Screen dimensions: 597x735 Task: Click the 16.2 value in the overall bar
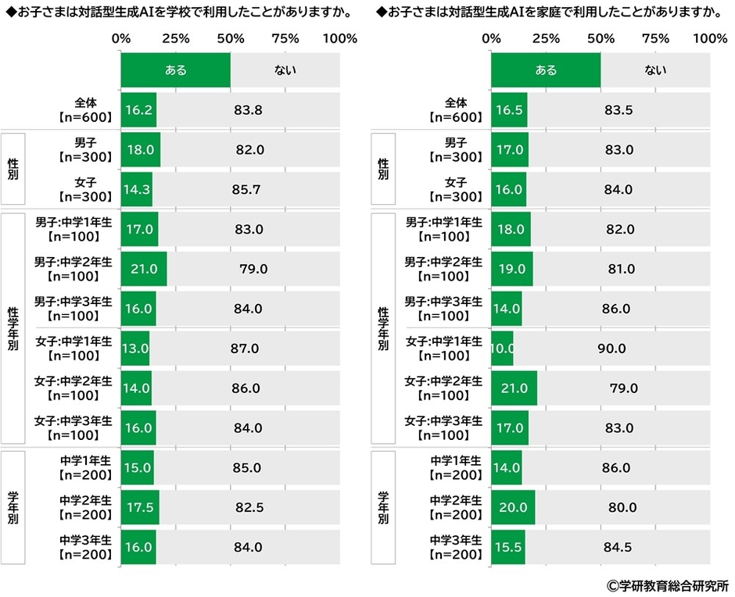(x=138, y=110)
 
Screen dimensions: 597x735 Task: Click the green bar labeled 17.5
(x=140, y=507)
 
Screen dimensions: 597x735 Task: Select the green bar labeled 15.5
(x=508, y=547)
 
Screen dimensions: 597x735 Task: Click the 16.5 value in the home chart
(x=509, y=110)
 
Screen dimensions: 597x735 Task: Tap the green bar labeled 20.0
(x=513, y=507)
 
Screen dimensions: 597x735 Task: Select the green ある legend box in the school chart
(x=176, y=70)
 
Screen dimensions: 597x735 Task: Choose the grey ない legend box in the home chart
(x=655, y=70)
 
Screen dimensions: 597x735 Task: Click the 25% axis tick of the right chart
(x=546, y=38)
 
